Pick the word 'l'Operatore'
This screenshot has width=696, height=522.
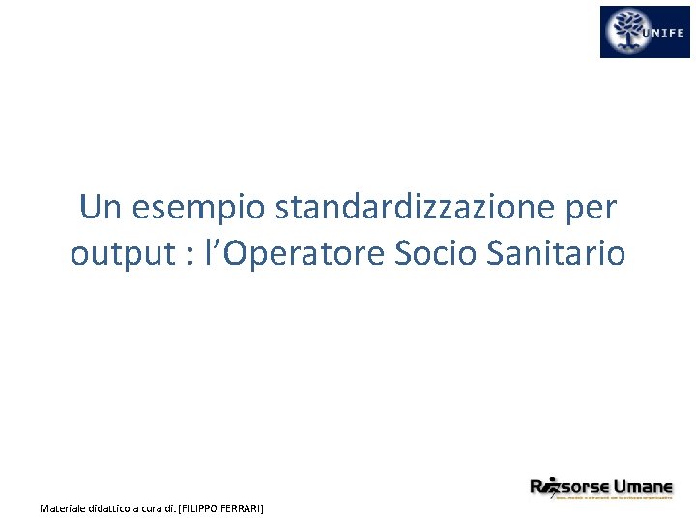[x=289, y=254]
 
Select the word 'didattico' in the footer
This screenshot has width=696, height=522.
[x=118, y=507]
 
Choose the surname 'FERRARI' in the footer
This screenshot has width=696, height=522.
[x=242, y=507]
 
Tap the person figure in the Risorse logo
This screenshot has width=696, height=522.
[x=551, y=486]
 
